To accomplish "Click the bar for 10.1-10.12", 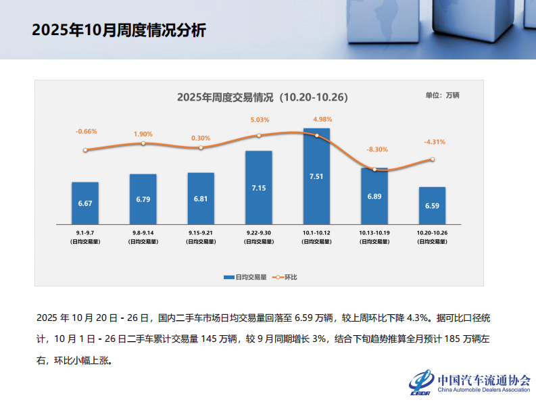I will (316, 176).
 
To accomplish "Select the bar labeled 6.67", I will (85, 203).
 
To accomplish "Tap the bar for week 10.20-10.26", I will (432, 205).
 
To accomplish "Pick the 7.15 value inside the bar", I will (258, 187).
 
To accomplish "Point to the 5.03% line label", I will (260, 120).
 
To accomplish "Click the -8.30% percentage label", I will (377, 149).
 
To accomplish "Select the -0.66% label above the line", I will (87, 131).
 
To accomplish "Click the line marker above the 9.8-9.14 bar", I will (143, 143).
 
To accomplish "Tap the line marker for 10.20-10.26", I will (432, 159).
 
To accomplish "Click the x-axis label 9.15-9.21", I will (201, 232).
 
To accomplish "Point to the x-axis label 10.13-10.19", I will (374, 232).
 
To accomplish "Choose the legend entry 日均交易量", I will (246, 277).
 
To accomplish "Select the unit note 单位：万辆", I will (442, 95).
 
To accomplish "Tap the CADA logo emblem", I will (421, 383).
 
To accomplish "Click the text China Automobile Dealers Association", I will (484, 390).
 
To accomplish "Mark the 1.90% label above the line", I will (143, 134).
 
